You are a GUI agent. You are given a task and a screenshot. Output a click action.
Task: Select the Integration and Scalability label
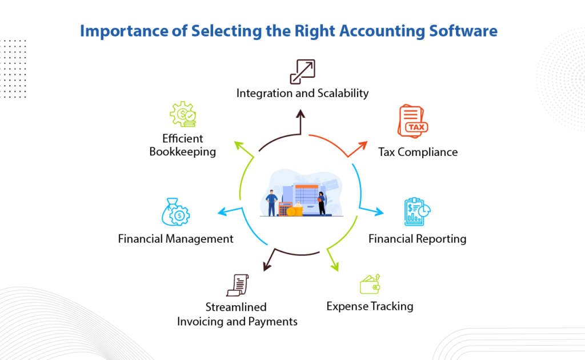(x=302, y=93)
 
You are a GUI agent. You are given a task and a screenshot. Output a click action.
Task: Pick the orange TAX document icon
(x=412, y=121)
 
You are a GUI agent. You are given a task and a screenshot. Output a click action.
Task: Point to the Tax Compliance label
(x=418, y=152)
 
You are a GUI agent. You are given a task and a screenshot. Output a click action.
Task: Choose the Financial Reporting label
(x=417, y=238)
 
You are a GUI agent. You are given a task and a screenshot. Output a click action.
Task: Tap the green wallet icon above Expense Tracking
(x=370, y=284)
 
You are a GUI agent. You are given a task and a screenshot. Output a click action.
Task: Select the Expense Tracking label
(x=370, y=306)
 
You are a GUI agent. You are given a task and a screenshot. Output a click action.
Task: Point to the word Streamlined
(x=236, y=307)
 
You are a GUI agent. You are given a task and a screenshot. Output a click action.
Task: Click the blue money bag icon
(x=176, y=212)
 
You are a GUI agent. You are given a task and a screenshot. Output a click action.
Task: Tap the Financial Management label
(x=175, y=239)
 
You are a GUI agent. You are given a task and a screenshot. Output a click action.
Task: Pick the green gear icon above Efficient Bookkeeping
(x=183, y=114)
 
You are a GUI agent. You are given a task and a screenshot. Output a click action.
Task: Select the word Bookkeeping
(x=182, y=151)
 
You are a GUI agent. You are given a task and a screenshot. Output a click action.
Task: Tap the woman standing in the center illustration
(x=322, y=202)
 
